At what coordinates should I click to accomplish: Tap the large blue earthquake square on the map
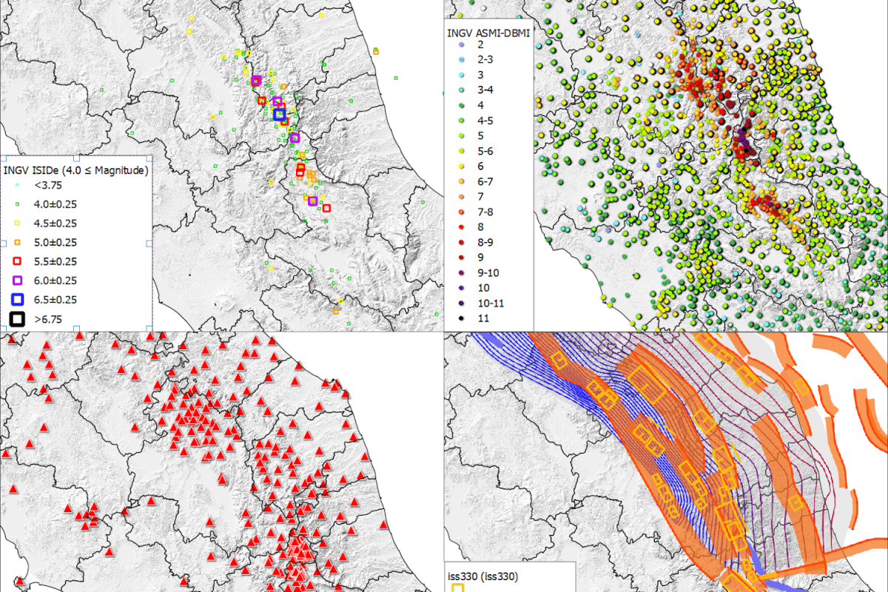point(280,114)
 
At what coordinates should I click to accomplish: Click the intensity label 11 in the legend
point(484,319)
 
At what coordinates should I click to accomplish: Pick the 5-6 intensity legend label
point(486,151)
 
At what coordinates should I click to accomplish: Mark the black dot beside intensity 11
point(460,319)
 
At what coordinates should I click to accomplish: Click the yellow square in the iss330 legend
point(458,588)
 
